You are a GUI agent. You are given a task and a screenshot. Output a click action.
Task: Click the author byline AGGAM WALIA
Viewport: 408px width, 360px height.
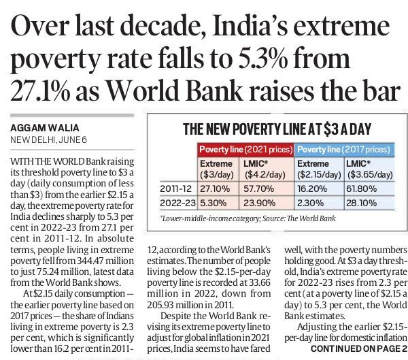click(x=45, y=128)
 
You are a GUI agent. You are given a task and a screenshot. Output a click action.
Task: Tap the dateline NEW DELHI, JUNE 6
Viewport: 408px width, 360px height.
click(x=48, y=140)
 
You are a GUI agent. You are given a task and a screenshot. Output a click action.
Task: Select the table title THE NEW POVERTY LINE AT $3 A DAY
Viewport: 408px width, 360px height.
click(x=277, y=129)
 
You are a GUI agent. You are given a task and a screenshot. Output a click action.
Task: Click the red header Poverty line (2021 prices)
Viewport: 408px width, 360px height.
click(x=246, y=150)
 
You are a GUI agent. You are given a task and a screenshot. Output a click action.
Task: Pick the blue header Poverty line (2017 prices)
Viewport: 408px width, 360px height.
click(x=343, y=150)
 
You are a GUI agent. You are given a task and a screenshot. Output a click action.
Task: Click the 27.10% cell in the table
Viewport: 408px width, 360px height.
click(x=215, y=189)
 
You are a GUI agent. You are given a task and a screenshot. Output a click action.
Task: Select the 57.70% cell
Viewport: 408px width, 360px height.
click(x=258, y=189)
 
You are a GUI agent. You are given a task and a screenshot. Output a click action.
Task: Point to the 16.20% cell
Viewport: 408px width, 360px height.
click(x=312, y=189)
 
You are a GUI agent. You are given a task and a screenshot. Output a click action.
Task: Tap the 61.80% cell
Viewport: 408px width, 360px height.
click(x=361, y=189)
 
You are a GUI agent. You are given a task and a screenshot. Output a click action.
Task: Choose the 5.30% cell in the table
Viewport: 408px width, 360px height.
click(x=213, y=203)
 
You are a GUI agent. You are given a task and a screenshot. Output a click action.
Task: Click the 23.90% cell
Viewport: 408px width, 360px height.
click(x=259, y=203)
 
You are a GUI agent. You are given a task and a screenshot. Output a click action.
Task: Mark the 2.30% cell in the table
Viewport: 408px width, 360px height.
click(x=311, y=203)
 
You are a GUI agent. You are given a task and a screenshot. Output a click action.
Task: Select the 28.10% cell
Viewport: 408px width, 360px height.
click(x=361, y=203)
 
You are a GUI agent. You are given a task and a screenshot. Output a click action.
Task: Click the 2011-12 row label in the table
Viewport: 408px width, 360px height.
click(x=175, y=189)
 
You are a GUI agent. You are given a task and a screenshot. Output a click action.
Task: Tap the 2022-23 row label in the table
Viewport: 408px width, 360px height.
click(x=177, y=203)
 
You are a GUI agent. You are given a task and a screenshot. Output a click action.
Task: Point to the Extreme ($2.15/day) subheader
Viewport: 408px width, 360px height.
click(x=319, y=169)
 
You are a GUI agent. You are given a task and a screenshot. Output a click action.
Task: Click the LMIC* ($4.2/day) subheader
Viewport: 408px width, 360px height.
click(x=265, y=169)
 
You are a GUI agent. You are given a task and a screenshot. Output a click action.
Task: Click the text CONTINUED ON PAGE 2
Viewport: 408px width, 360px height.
click(x=358, y=348)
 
